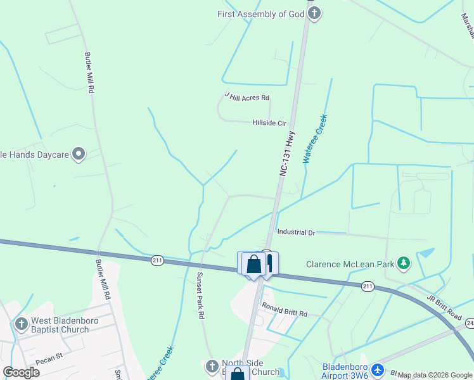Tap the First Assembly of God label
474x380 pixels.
[261, 14]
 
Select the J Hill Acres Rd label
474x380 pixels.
[247, 97]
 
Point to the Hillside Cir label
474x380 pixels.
[269, 123]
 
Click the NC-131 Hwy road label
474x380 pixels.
[286, 154]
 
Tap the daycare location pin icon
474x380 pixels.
[79, 154]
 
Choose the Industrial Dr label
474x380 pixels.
[296, 233]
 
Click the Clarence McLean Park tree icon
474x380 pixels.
[403, 263]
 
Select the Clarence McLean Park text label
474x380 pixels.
[350, 264]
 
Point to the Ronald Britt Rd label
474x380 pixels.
[285, 313]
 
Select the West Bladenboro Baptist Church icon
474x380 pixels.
[20, 324]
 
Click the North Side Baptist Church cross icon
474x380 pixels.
[212, 367]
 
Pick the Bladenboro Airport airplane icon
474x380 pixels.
[378, 369]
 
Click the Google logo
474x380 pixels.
[21, 372]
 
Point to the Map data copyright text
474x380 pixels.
[435, 376]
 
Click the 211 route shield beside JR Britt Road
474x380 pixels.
[367, 287]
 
